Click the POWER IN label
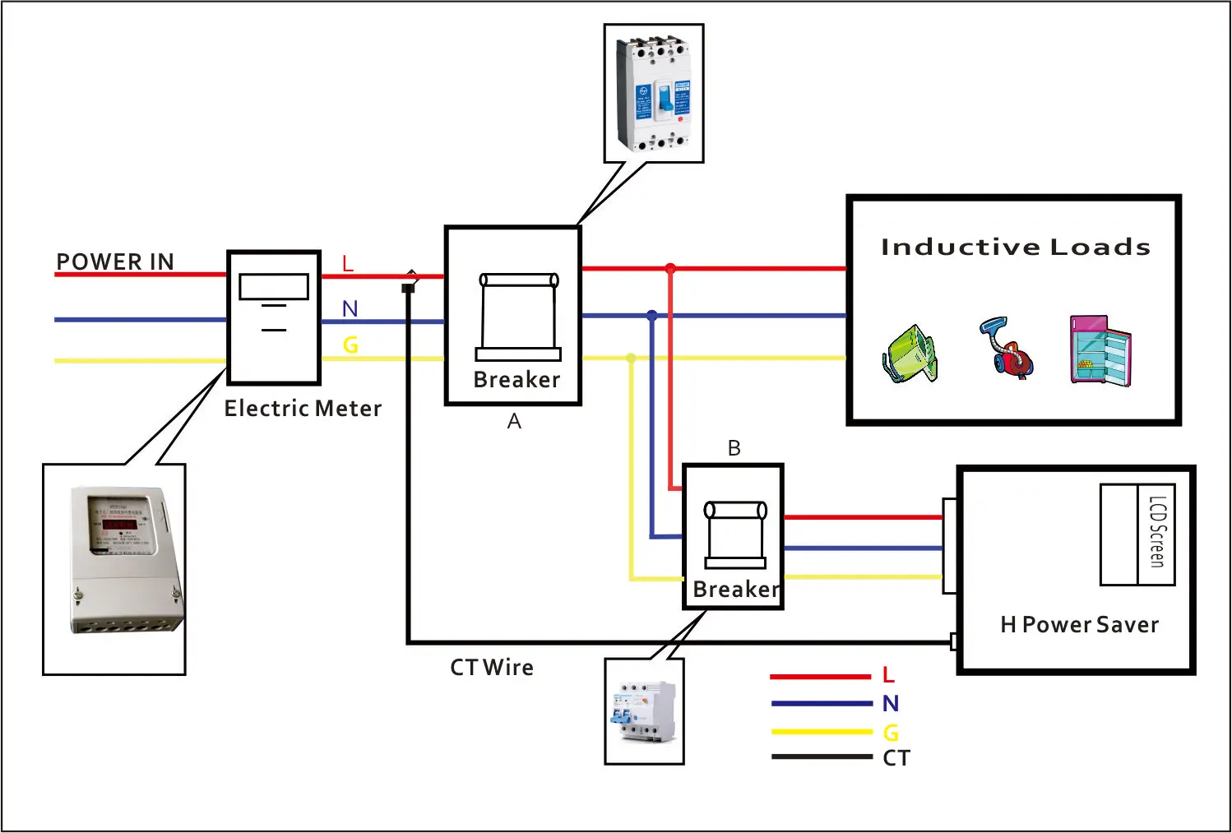pos(115,261)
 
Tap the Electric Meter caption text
pos(303,409)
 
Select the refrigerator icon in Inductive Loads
pos(1100,349)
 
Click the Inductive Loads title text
pos(1015,247)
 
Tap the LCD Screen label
pos(1157,532)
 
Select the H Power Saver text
pos(1079,625)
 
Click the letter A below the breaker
pos(514,422)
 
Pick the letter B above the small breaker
pos(734,448)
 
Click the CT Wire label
pos(492,668)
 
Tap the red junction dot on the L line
pos(670,269)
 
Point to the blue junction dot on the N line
pos(652,316)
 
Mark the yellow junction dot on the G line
pos(631,358)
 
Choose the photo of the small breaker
pos(644,711)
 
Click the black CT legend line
pos(821,757)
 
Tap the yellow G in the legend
pos(891,732)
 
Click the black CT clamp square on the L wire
pos(408,288)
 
